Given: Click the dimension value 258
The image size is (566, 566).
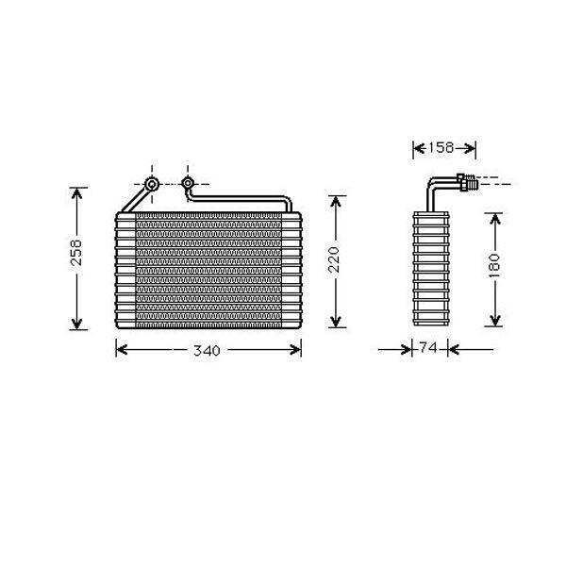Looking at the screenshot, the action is [x=77, y=253].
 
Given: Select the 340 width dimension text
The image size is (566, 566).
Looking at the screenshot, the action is [x=207, y=351].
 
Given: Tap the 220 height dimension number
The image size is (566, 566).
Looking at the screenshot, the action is [x=334, y=259].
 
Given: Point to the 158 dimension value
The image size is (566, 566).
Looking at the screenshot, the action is [x=441, y=147].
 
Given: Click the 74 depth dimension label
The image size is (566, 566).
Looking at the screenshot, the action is [x=428, y=347].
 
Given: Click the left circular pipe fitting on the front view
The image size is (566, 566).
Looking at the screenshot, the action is [x=152, y=184].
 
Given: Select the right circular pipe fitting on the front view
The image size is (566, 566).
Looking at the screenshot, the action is [x=188, y=183].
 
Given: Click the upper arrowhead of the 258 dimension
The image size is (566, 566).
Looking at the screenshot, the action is [x=76, y=192].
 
